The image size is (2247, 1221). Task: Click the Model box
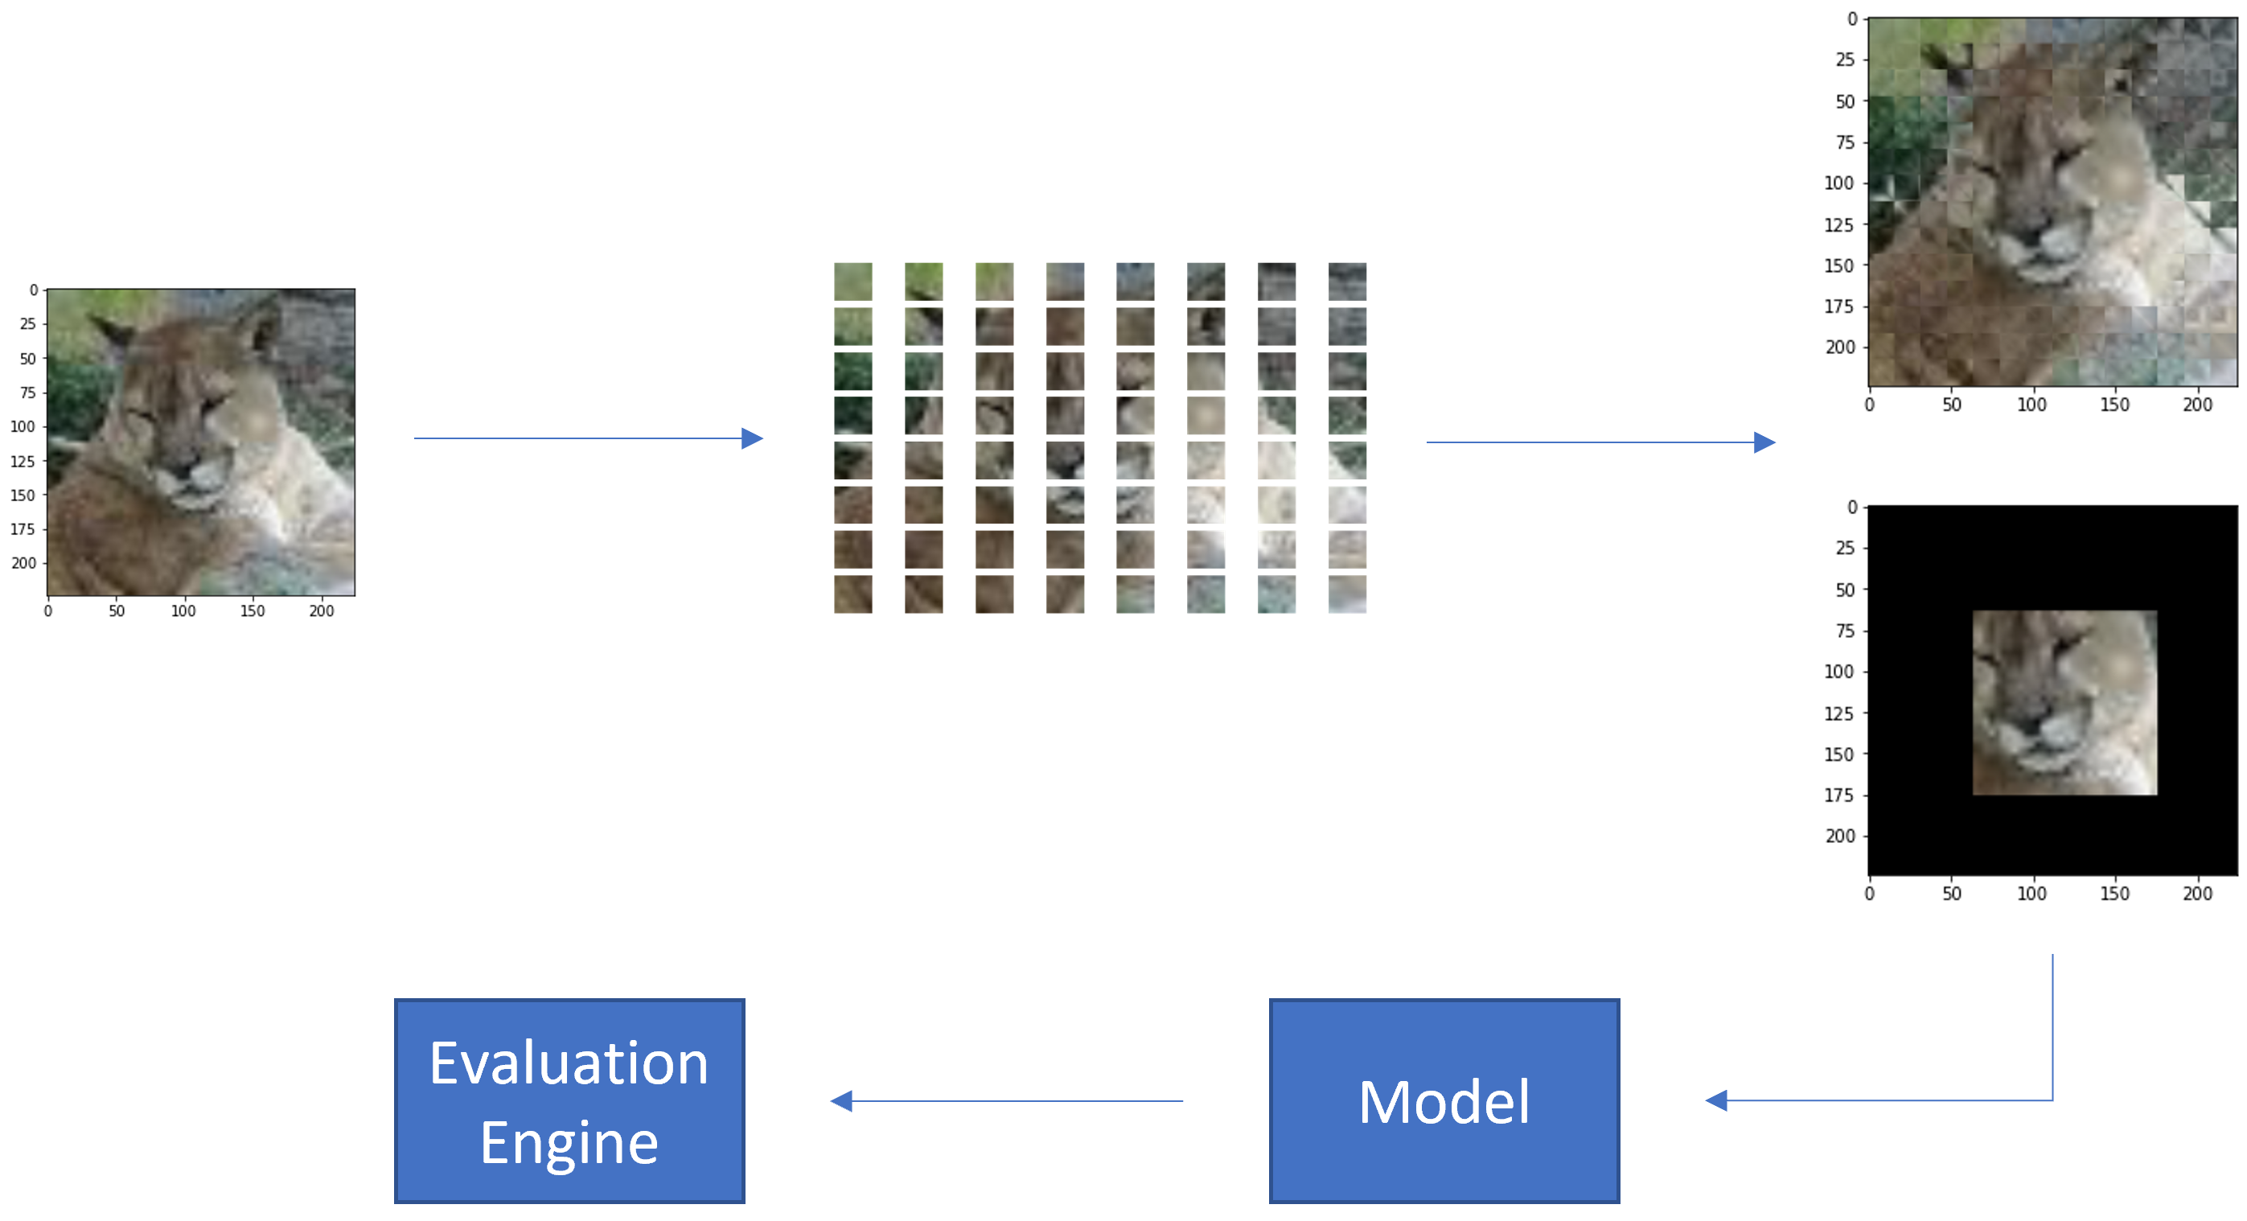click(1444, 1100)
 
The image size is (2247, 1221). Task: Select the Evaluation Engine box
click(569, 1100)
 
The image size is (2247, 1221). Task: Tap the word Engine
click(569, 1142)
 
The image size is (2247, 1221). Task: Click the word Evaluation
click(569, 1064)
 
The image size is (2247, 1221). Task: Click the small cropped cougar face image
click(2064, 702)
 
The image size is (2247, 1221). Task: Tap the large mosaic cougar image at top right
click(2052, 201)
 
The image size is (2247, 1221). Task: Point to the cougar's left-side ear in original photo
click(113, 332)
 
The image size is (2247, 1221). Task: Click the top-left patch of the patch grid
click(852, 281)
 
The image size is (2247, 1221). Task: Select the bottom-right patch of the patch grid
click(1347, 594)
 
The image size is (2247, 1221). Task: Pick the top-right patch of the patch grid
click(1347, 281)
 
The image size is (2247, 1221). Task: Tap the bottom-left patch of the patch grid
click(852, 594)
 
